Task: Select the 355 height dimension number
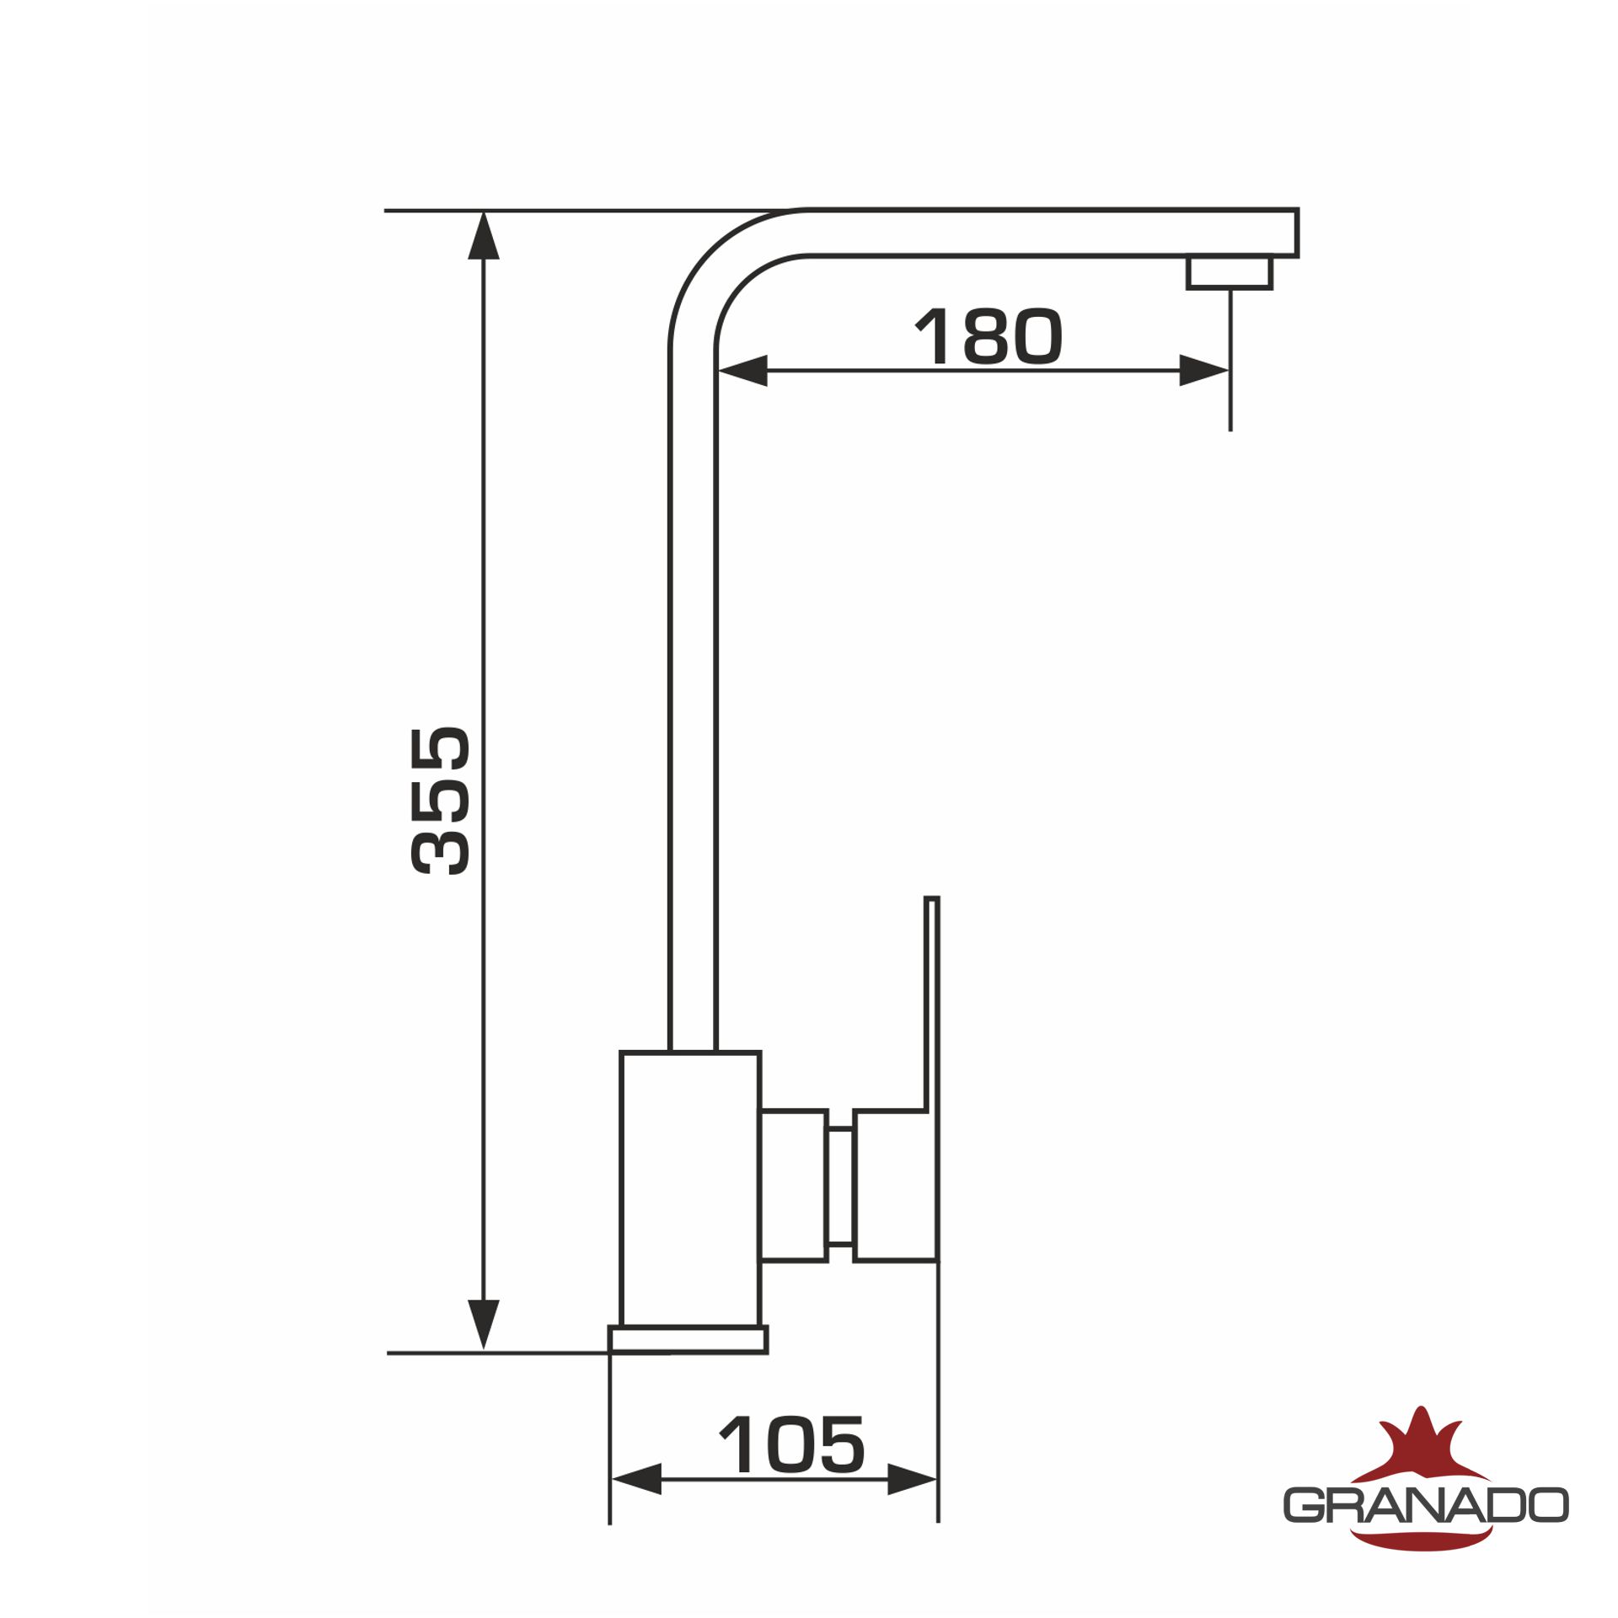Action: tap(440, 801)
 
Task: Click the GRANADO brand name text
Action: tap(1426, 1505)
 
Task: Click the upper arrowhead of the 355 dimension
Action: tap(484, 235)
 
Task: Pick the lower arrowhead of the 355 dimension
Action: tap(484, 1325)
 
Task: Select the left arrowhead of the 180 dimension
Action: tap(742, 371)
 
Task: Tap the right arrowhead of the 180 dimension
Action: tap(1204, 371)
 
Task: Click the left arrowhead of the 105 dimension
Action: tap(636, 1479)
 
